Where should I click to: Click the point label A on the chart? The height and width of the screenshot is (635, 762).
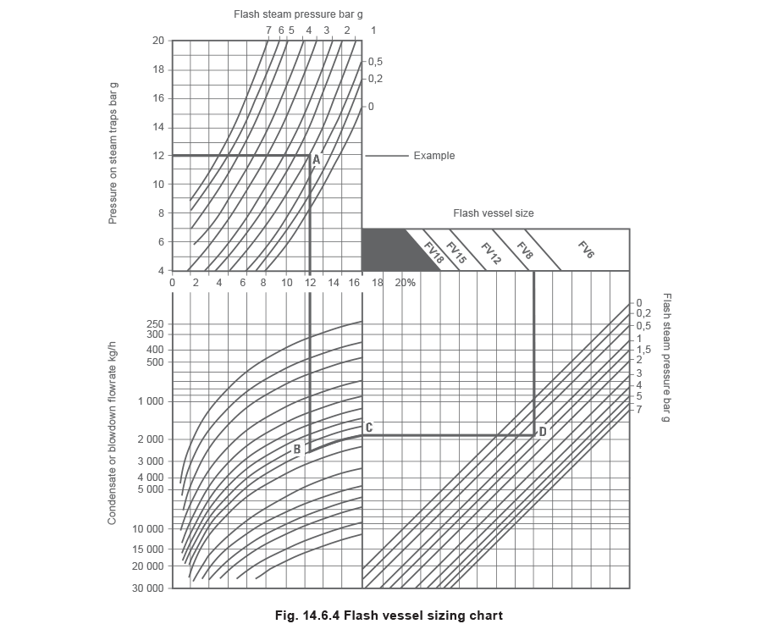point(316,159)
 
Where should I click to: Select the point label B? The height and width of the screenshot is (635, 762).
point(297,450)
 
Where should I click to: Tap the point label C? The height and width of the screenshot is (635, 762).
point(369,428)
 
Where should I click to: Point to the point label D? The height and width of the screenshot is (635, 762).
point(543,432)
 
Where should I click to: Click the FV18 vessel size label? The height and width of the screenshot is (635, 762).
point(434,253)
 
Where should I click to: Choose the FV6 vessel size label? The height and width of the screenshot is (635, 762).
point(586,250)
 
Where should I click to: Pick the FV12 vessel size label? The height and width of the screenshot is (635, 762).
point(491,254)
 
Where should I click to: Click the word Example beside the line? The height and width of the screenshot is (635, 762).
point(434,156)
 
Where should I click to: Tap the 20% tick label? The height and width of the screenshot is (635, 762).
point(405,283)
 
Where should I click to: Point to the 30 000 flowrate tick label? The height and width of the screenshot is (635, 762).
point(148,588)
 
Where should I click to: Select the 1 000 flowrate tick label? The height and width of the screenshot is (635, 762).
point(152,401)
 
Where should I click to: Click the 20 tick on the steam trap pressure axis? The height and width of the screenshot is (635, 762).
point(158,41)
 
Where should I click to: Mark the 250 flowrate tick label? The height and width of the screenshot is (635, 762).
point(156,324)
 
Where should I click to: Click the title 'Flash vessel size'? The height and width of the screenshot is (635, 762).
point(494,213)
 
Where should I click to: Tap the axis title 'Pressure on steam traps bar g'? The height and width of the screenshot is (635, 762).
point(113,153)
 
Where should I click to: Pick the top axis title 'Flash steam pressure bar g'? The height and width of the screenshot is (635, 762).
point(298,14)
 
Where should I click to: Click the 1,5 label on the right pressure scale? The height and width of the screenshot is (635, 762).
point(643,350)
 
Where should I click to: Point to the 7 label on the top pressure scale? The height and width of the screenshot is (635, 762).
point(268,30)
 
